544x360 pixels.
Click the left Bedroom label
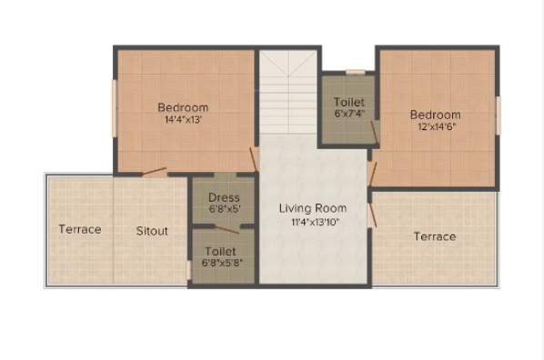(182, 106)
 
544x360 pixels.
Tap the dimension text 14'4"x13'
(182, 119)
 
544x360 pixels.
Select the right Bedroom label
(435, 115)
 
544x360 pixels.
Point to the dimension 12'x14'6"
(435, 127)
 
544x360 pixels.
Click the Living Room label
(312, 208)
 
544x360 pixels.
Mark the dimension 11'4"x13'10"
(312, 221)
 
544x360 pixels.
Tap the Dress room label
(224, 197)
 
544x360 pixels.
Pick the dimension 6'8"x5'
(224, 209)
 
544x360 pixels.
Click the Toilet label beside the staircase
(348, 102)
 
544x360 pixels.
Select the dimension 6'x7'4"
(348, 115)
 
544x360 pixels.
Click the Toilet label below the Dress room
(221, 251)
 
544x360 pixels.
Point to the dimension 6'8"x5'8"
(222, 264)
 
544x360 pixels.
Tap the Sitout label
(152, 231)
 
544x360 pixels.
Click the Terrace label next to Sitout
(80, 229)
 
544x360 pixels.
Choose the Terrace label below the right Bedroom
(435, 236)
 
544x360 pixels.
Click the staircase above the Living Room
(287, 91)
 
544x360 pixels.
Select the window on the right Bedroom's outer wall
(498, 115)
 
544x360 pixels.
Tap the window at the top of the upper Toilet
(355, 71)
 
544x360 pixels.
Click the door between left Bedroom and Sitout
(155, 170)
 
